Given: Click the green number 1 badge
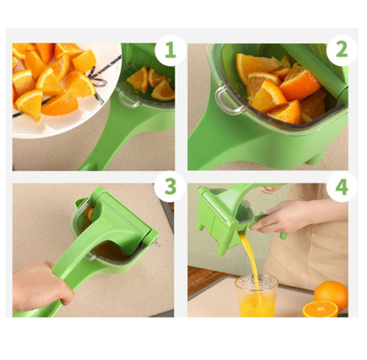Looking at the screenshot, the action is [170, 50].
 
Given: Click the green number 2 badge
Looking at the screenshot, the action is [341, 50].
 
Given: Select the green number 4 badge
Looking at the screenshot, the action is [341, 187].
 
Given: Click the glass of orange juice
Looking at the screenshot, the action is [256, 296].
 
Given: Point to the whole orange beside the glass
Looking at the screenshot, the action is [331, 294].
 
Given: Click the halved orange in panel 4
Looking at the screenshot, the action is [320, 309].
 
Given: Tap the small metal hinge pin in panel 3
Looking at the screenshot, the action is [157, 243].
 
